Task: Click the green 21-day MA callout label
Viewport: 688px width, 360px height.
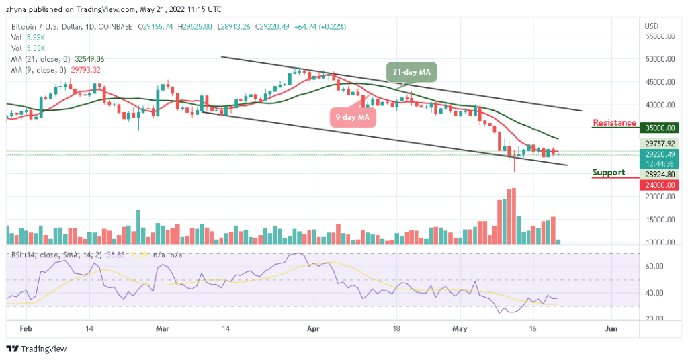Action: [412, 71]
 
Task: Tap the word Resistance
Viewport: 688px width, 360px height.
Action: [614, 122]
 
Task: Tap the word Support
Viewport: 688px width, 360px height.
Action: [608, 173]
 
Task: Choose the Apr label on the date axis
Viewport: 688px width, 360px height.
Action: [312, 330]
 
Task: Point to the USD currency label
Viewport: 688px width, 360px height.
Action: [650, 26]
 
